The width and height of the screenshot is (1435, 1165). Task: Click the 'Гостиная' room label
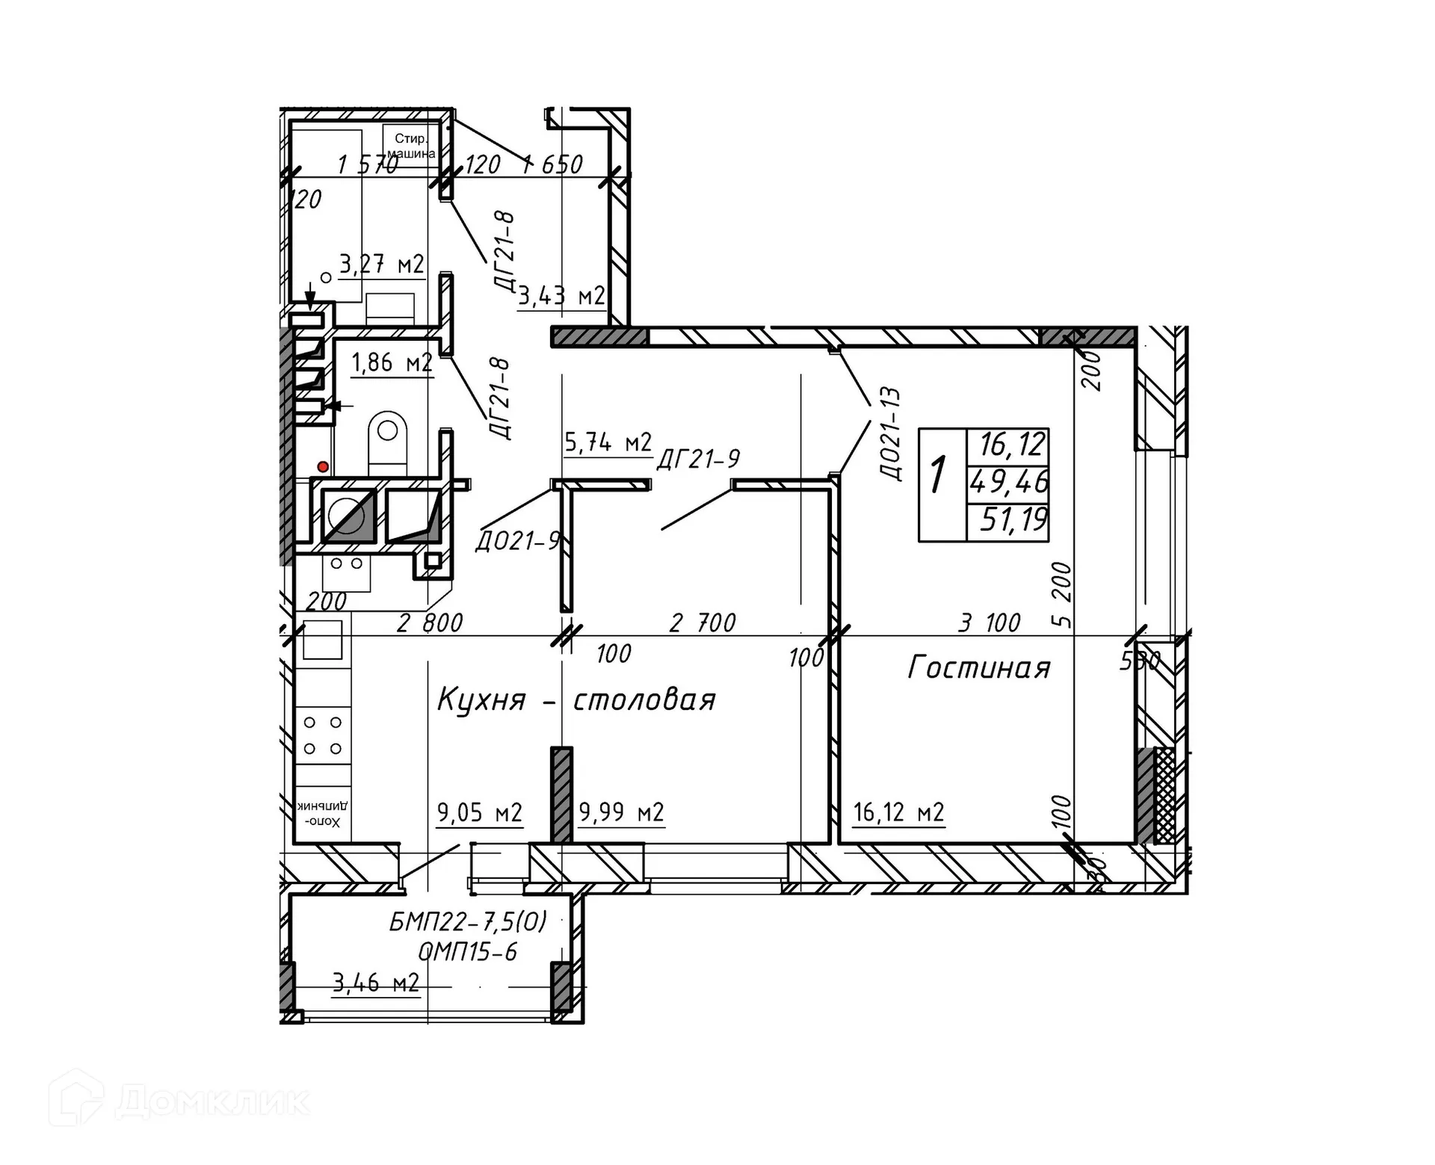point(978,667)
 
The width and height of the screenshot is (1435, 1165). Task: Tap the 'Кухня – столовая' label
point(576,700)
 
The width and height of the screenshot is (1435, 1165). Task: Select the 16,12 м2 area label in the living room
point(898,812)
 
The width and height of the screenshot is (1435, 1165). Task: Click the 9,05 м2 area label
point(479,812)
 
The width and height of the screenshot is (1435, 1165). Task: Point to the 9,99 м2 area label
point(621,812)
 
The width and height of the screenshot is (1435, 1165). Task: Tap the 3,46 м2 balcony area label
point(376,982)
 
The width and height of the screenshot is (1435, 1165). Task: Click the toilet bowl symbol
point(388,442)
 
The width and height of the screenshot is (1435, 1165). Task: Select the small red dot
point(323,467)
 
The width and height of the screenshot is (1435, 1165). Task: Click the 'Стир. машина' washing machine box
point(410,146)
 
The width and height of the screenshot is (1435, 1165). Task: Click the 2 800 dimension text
point(430,622)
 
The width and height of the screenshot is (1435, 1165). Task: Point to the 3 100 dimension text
point(989,622)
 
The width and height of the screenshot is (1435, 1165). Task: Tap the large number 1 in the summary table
point(939,475)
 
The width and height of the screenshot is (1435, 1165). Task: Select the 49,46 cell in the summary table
point(1009,482)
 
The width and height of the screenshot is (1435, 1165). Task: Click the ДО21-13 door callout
point(891,433)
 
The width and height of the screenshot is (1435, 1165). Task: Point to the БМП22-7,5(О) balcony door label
point(468,922)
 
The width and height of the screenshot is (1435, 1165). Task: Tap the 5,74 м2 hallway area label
point(608,442)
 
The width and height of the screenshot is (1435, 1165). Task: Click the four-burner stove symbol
point(323,735)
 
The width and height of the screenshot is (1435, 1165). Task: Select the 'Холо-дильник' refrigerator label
point(322,815)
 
